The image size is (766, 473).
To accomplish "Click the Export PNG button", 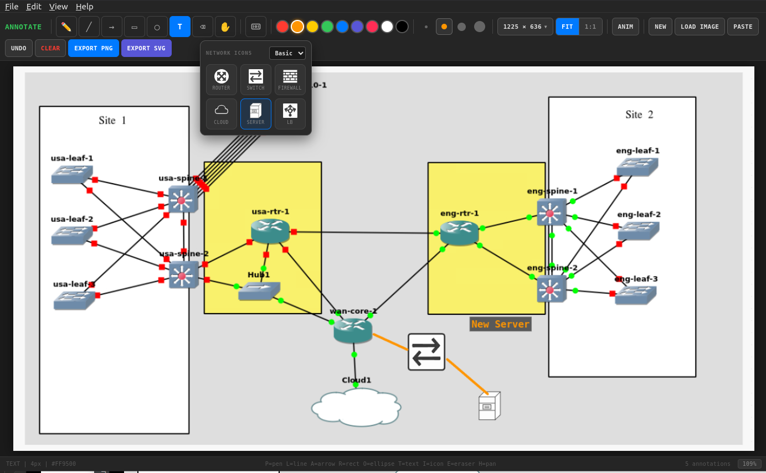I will coord(93,48).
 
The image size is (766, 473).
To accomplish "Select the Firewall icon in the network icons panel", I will coord(290,80).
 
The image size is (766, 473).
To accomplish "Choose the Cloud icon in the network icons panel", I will coord(221,114).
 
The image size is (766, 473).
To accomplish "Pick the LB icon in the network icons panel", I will coord(290,114).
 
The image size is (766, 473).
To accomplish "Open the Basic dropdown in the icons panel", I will coord(287,53).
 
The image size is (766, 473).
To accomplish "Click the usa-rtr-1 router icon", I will coord(270,231).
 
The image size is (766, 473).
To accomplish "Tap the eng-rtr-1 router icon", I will coord(459,233).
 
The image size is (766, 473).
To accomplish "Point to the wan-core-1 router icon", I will coord(353,330).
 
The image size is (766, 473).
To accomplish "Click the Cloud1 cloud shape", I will coord(356,408).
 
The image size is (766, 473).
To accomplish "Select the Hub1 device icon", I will coord(259,292).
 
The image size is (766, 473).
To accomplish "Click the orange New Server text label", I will coord(500,324).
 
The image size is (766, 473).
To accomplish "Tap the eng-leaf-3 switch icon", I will coord(635,295).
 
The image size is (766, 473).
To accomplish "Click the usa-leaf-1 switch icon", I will coord(71,175).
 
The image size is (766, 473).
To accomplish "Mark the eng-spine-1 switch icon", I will coord(551,212).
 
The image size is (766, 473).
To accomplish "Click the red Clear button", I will coord(50,48).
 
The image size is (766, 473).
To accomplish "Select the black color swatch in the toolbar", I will coord(402,27).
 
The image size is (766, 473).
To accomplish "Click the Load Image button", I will coord(700,27).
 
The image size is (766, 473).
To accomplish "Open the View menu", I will coord(58,7).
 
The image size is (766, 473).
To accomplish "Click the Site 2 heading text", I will coord(639,115).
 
